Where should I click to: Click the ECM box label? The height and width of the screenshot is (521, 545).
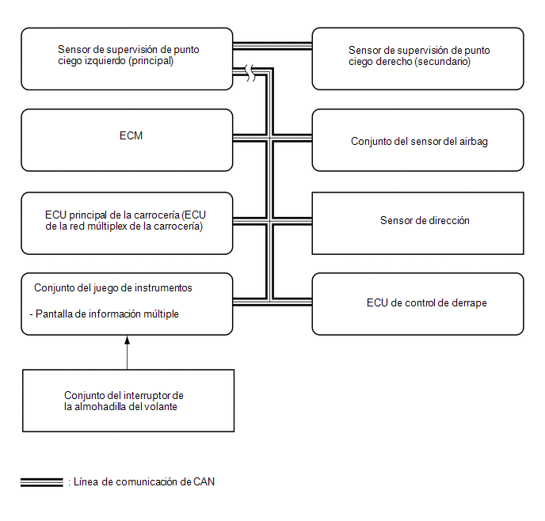131,135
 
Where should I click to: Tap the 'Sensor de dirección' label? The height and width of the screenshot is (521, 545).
425,221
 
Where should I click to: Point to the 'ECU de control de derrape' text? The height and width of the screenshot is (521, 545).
426,303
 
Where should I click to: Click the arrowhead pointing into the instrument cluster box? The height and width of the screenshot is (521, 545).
128,340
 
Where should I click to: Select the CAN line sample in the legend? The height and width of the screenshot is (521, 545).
42,482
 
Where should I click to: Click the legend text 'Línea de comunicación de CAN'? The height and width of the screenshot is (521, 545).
144,481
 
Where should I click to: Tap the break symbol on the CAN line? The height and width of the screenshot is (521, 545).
250,73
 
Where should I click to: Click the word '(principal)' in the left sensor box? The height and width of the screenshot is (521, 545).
151,61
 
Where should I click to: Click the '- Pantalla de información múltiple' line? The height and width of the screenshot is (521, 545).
104,314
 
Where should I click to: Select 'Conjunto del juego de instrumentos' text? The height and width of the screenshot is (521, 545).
113,288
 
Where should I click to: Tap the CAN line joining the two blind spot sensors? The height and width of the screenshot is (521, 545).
272,46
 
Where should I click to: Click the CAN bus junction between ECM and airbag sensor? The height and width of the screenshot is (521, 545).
269,139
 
